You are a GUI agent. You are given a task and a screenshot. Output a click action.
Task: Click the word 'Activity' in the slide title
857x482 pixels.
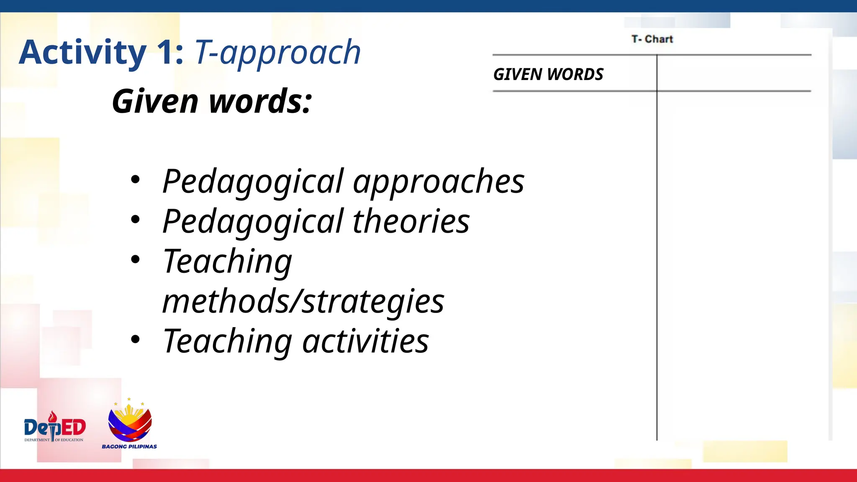click(82, 52)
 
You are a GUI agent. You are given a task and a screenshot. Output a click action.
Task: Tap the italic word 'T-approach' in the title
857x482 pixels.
click(277, 52)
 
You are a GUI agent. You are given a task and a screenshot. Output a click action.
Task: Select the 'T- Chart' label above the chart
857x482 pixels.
click(652, 39)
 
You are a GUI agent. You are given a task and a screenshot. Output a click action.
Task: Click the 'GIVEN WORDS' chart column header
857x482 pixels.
click(548, 74)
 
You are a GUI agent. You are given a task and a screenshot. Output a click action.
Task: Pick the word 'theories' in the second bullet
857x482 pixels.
click(411, 221)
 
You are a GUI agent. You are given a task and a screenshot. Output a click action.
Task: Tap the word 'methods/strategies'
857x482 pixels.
click(303, 301)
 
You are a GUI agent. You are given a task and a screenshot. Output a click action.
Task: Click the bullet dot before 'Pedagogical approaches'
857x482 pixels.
click(135, 180)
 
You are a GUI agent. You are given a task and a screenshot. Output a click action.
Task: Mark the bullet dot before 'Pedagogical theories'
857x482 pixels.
click(135, 220)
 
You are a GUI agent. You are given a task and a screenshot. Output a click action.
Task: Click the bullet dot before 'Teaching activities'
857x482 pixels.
click(135, 339)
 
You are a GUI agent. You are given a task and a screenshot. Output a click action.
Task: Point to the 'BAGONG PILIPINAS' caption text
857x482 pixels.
click(129, 446)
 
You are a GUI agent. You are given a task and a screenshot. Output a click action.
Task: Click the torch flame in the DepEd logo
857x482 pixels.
click(52, 416)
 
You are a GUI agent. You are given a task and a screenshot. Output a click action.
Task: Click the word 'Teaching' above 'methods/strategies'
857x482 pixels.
click(227, 262)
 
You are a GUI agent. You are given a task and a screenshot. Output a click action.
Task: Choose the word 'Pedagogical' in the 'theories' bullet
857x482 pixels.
click(253, 221)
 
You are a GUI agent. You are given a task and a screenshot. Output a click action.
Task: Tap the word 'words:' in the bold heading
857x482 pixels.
click(260, 101)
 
